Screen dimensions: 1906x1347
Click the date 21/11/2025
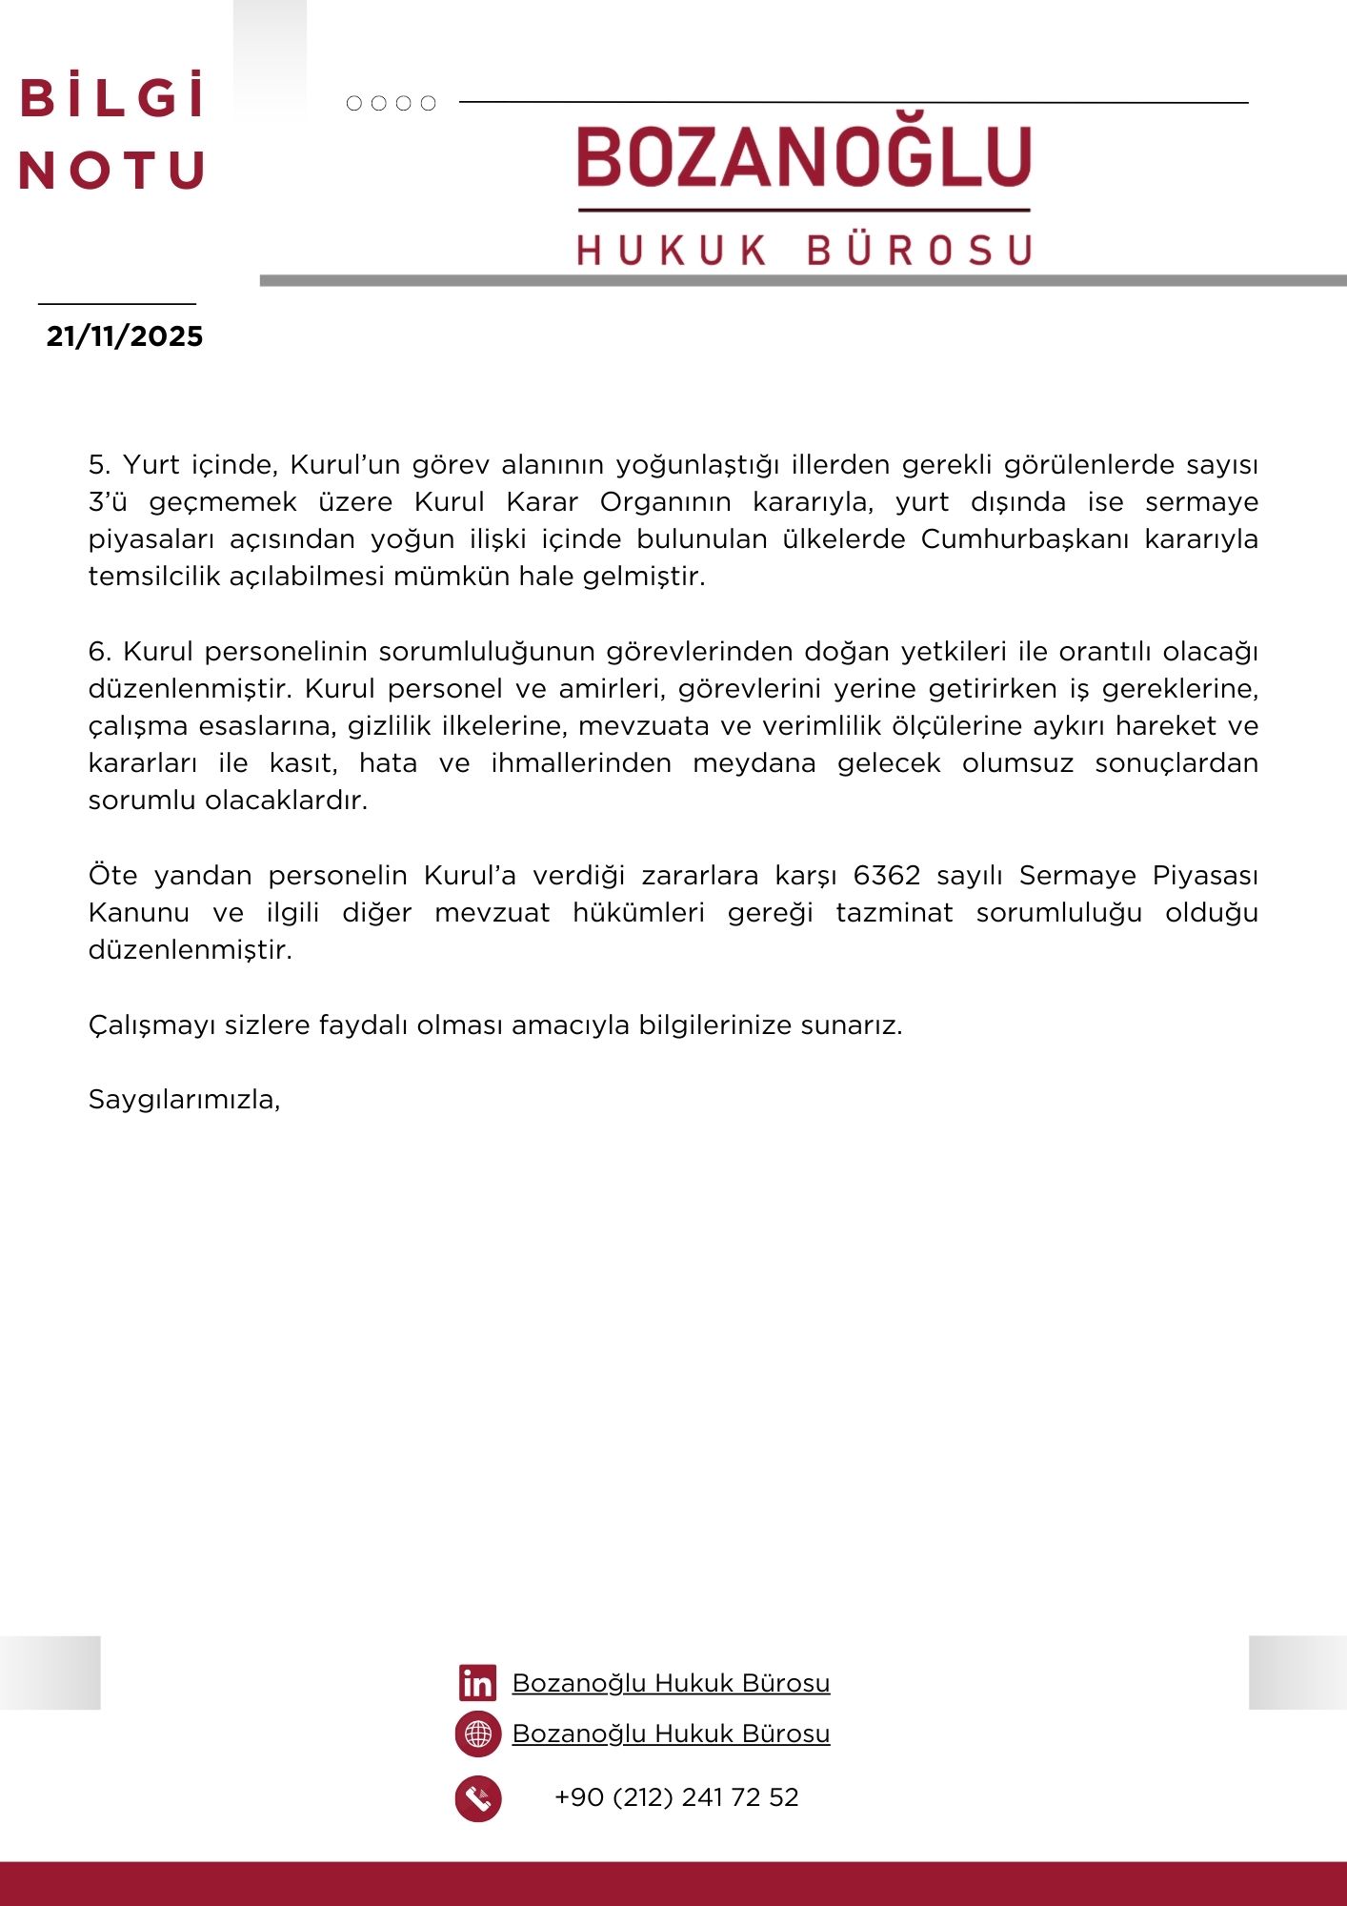125,336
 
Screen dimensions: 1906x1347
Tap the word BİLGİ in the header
112,98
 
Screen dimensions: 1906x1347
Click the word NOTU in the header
111,172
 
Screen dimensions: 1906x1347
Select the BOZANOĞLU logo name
804,157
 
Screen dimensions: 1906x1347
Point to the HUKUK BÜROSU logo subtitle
804,250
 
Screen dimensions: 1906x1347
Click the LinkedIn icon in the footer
477,1683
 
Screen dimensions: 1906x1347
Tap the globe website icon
478,1734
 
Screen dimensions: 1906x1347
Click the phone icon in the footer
478,1798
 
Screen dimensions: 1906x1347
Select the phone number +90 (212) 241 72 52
676,1797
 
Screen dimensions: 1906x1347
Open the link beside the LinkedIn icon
671,1683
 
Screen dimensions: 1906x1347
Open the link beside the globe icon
671,1734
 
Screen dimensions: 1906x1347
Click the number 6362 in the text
887,875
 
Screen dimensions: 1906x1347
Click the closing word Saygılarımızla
184,1100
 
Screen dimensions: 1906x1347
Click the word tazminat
895,913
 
